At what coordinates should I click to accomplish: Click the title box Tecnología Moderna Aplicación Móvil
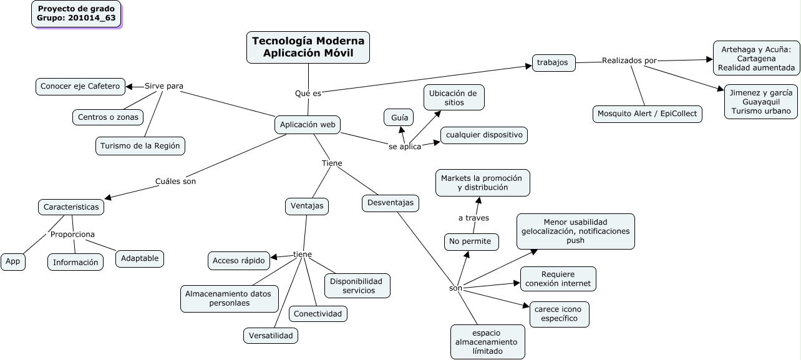point(308,48)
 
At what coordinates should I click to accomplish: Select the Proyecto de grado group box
point(76,14)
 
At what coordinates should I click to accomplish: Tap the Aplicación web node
point(308,125)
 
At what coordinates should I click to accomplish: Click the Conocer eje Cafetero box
point(80,86)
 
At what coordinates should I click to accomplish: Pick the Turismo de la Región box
point(140,146)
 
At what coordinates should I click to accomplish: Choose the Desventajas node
point(391,203)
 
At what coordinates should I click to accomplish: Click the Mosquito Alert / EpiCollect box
point(648,114)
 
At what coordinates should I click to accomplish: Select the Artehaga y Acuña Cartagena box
point(756,59)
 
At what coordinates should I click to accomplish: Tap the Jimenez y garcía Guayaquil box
point(760,102)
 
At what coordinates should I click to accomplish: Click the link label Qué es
point(308,93)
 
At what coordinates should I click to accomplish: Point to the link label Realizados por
point(629,61)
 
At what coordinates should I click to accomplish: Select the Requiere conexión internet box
point(558,279)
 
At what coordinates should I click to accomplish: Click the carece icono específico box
point(559,314)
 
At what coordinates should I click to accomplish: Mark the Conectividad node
point(318,314)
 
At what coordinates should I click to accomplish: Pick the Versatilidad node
point(271,336)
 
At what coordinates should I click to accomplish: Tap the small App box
point(13,262)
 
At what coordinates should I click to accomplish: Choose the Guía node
point(399,117)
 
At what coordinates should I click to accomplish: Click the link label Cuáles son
point(175,182)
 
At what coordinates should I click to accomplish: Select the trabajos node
point(553,62)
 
